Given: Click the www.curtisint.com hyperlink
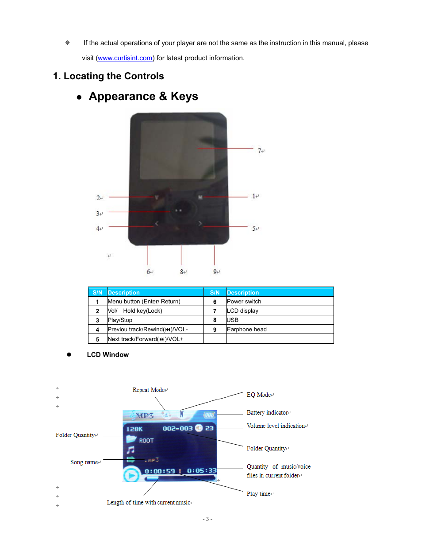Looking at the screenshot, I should pyautogui.click(x=125, y=58).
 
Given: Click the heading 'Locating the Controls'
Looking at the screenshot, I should pyautogui.click(x=113, y=76).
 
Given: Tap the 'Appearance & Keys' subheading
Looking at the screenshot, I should pyautogui.click(x=143, y=97).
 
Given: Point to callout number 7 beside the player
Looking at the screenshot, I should pyautogui.click(x=260, y=151).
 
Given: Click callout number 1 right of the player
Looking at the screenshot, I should pyautogui.click(x=254, y=196).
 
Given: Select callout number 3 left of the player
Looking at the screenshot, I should pyautogui.click(x=98, y=213).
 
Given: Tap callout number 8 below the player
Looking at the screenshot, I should pyautogui.click(x=182, y=272).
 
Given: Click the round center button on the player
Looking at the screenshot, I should pyautogui.click(x=179, y=210).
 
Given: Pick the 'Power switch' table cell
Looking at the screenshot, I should pyautogui.click(x=244, y=302).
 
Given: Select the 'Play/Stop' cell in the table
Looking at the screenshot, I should pyautogui.click(x=120, y=320).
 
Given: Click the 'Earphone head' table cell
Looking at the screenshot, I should pyautogui.click(x=246, y=330).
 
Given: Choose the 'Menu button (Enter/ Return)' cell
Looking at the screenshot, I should pyautogui.click(x=144, y=302).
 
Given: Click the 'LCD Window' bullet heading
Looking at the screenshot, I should pyautogui.click(x=107, y=355).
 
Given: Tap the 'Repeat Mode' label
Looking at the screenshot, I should pyautogui.click(x=149, y=390).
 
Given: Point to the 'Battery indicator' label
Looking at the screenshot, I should pyautogui.click(x=267, y=413).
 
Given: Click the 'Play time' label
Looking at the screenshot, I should pyautogui.click(x=258, y=494).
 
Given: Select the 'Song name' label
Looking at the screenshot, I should pyautogui.click(x=84, y=462).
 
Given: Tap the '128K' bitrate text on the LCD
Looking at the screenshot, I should pyautogui.click(x=134, y=429).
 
